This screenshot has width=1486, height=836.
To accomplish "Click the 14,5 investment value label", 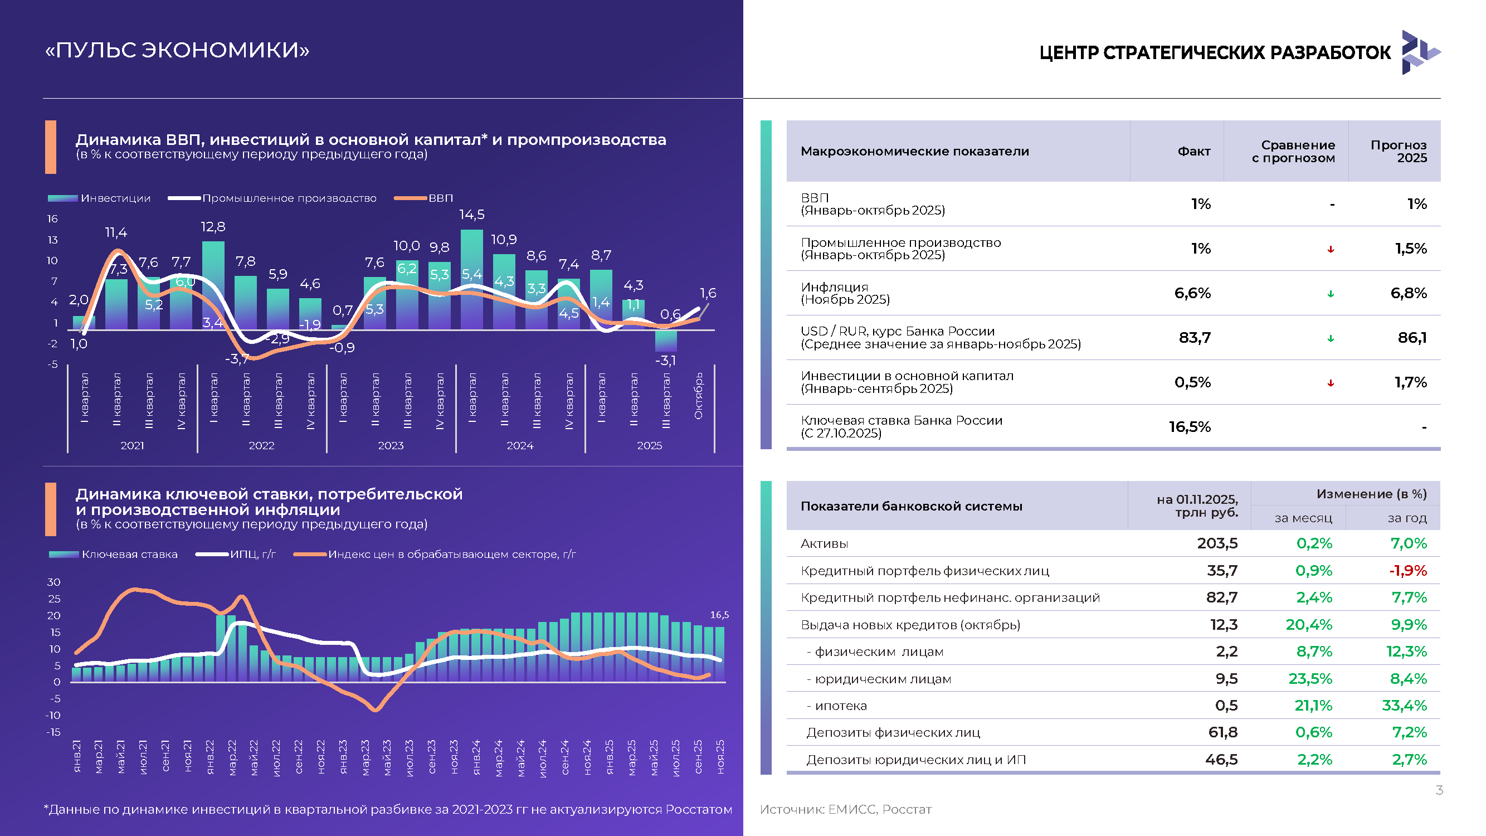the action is pos(471,215).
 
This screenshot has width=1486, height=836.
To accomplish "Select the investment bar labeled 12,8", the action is pos(213,285).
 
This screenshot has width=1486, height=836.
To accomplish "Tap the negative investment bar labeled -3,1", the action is pos(666,341).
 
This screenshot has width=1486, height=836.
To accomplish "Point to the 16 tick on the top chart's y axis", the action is pos(52,218).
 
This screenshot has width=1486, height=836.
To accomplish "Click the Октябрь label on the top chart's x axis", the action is pos(698,396).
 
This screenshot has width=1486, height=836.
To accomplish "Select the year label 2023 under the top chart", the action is pos(391,445).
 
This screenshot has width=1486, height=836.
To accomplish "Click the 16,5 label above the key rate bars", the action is pos(719,615).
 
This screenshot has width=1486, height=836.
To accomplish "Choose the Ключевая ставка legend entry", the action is pos(113,555).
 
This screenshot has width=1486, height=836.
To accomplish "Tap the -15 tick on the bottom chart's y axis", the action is pos(53,732).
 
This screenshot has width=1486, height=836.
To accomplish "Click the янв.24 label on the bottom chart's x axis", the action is pos(476,757).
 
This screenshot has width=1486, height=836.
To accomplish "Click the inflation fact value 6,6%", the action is pos(1192,293).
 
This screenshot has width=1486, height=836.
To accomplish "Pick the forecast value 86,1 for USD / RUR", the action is pos(1412,338).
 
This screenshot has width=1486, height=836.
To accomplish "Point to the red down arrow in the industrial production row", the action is pos(1331,249).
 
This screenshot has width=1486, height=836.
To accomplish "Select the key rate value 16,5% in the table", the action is pos(1190,427).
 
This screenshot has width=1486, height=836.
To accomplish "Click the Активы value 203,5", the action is pos(1217,543).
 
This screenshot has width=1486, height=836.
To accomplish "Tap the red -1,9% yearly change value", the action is pos(1408,571).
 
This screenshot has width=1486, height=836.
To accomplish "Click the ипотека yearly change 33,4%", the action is pos(1405,706).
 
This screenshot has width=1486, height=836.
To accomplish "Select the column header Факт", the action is pos(1194,151).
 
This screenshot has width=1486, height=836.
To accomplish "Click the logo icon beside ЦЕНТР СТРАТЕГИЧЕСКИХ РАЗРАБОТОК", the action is pos(1421,52).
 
